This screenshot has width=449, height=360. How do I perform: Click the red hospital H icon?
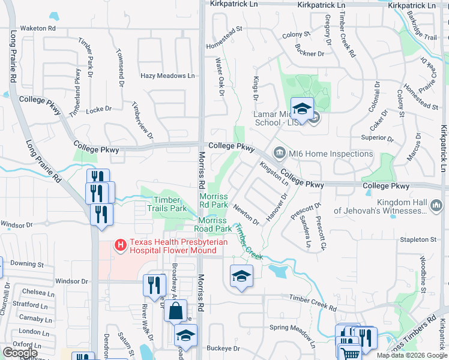(121, 245)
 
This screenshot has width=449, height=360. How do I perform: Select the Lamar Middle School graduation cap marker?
(303, 109)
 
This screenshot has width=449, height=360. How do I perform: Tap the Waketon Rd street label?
(37, 28)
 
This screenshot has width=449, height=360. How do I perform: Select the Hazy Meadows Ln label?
(167, 76)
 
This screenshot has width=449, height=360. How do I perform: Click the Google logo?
(20, 353)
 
